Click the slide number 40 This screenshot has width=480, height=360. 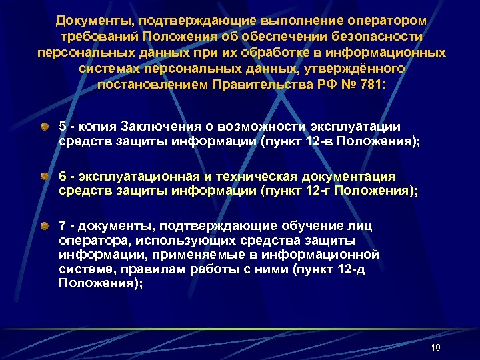click(x=435, y=347)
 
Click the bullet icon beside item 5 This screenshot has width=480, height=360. click(x=43, y=126)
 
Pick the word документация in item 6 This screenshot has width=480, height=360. click(x=350, y=176)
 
